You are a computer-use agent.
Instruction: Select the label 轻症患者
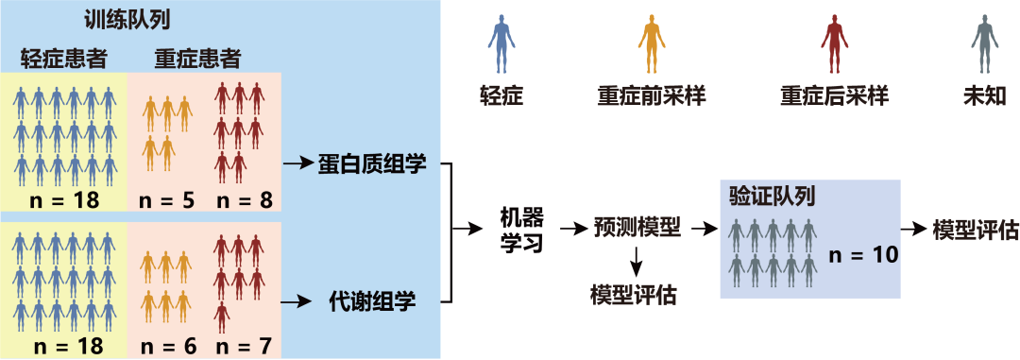click(63, 60)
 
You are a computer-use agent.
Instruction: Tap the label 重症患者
click(196, 60)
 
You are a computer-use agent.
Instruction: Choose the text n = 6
click(167, 346)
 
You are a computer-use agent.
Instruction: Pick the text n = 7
click(243, 346)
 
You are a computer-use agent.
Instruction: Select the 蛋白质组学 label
click(380, 164)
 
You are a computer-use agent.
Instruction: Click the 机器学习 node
click(520, 230)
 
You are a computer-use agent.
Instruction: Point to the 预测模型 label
click(637, 228)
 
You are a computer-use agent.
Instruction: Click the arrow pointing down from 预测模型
click(637, 259)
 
